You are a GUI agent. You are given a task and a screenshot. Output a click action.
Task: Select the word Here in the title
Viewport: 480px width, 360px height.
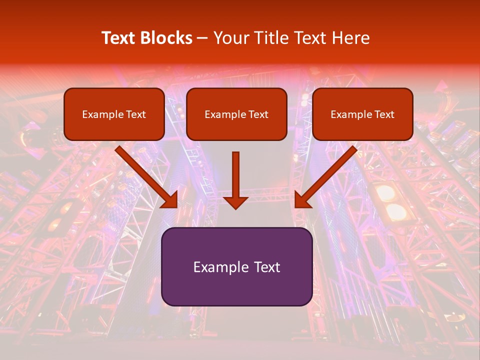click(x=352, y=38)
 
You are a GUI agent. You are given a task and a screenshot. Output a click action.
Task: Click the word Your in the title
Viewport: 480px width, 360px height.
click(x=230, y=38)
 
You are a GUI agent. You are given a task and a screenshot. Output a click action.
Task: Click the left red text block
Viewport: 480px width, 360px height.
click(x=114, y=114)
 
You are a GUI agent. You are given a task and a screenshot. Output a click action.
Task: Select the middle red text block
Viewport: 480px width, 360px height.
click(x=236, y=114)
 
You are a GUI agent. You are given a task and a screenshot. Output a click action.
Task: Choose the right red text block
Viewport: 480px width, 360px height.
click(x=362, y=114)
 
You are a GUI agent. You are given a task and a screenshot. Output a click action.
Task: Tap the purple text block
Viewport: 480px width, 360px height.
click(x=236, y=266)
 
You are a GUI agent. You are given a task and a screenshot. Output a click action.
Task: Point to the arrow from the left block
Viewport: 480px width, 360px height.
click(x=145, y=176)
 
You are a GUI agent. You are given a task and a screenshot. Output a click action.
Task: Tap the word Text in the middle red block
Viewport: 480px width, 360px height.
click(x=258, y=114)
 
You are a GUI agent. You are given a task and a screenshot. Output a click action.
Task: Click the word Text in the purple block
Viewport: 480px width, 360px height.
click(x=266, y=267)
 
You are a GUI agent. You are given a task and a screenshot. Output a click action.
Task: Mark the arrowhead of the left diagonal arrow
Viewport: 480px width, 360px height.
click(x=169, y=199)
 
